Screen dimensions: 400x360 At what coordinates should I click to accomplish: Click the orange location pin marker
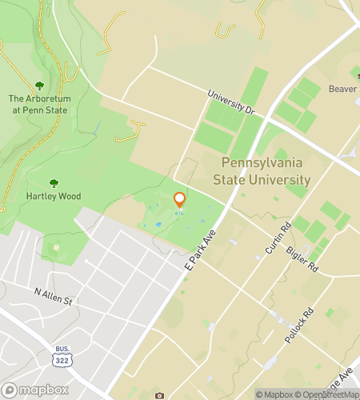point(180,200)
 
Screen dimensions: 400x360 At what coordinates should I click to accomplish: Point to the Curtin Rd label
point(277,238)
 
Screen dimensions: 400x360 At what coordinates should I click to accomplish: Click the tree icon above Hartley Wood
point(54,182)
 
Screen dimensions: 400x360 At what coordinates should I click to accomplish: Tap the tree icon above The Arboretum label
point(39,85)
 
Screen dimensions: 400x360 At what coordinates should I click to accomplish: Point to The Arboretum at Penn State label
point(39,105)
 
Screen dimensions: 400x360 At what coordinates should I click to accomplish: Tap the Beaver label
point(342,90)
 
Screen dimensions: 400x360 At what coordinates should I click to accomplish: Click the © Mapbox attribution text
point(275,394)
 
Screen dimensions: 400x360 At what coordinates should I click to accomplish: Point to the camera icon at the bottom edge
point(159,396)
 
